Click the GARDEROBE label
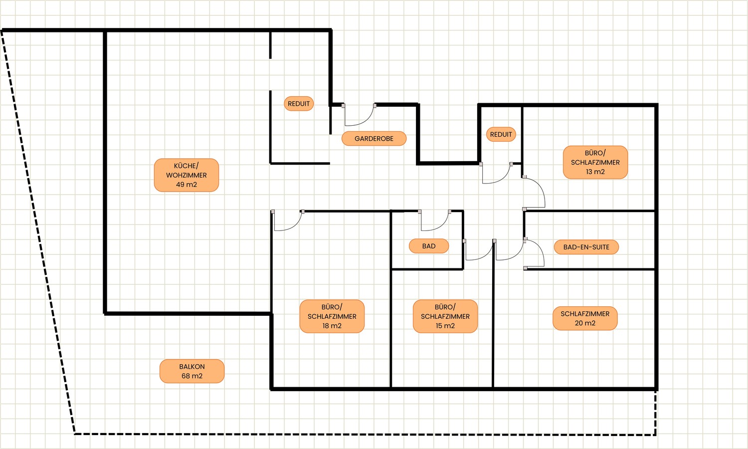click(x=374, y=139)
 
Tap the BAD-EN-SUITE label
click(x=586, y=247)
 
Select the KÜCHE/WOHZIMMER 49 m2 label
click(x=187, y=175)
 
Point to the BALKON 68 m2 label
click(x=192, y=371)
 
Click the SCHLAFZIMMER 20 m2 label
click(x=585, y=318)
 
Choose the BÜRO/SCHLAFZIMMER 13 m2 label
click(x=595, y=162)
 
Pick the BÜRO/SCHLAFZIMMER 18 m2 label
click(x=332, y=316)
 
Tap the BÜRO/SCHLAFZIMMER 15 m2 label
click(x=445, y=316)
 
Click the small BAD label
click(x=429, y=246)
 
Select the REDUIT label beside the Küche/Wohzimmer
click(x=299, y=104)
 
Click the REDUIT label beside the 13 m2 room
click(x=501, y=134)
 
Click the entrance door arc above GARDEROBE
click(x=364, y=121)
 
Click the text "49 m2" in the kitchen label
click(x=187, y=185)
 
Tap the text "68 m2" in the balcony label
click(x=192, y=376)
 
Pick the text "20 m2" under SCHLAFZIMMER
click(x=585, y=323)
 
